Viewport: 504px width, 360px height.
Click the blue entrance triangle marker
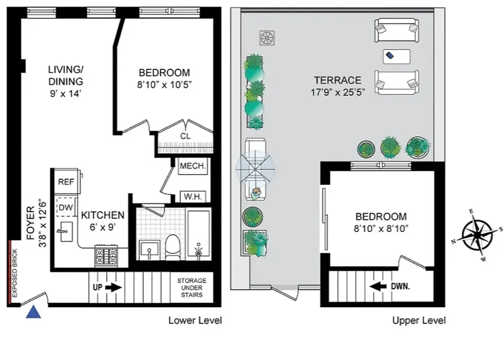coord(33,312)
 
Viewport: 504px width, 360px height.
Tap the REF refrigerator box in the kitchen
coord(66,182)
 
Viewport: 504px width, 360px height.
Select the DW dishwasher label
coord(66,207)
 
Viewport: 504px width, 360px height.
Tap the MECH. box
coord(193,166)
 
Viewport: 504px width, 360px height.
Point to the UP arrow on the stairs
coord(107,287)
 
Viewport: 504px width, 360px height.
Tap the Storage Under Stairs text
coord(192,288)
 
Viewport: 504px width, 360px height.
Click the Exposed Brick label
coord(14,273)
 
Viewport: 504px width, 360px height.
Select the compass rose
coord(477,235)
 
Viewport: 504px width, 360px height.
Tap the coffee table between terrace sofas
coord(396,56)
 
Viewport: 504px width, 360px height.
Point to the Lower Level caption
coord(195,320)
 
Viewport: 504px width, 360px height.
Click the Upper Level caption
coord(419,320)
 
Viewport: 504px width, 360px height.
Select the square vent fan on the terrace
coord(267,38)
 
